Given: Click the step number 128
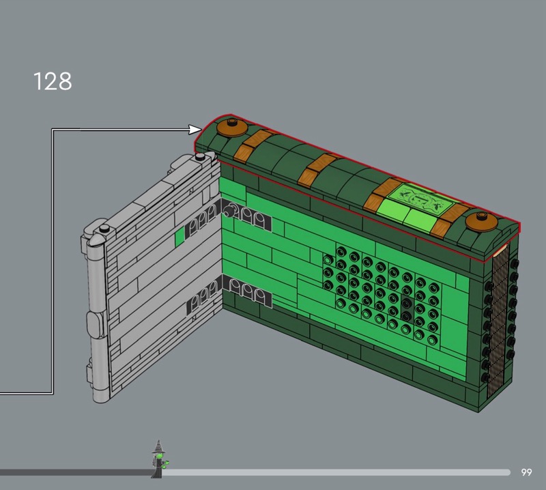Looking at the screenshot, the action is click(53, 81).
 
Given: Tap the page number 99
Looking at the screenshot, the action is click(526, 472).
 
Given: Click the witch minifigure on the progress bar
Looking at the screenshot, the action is click(159, 459).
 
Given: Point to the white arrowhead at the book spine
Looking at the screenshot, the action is click(195, 130).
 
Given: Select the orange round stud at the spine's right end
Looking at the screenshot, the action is click(482, 221).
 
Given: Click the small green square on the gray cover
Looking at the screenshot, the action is click(179, 236).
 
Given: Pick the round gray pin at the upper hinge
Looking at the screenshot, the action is click(229, 211).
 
